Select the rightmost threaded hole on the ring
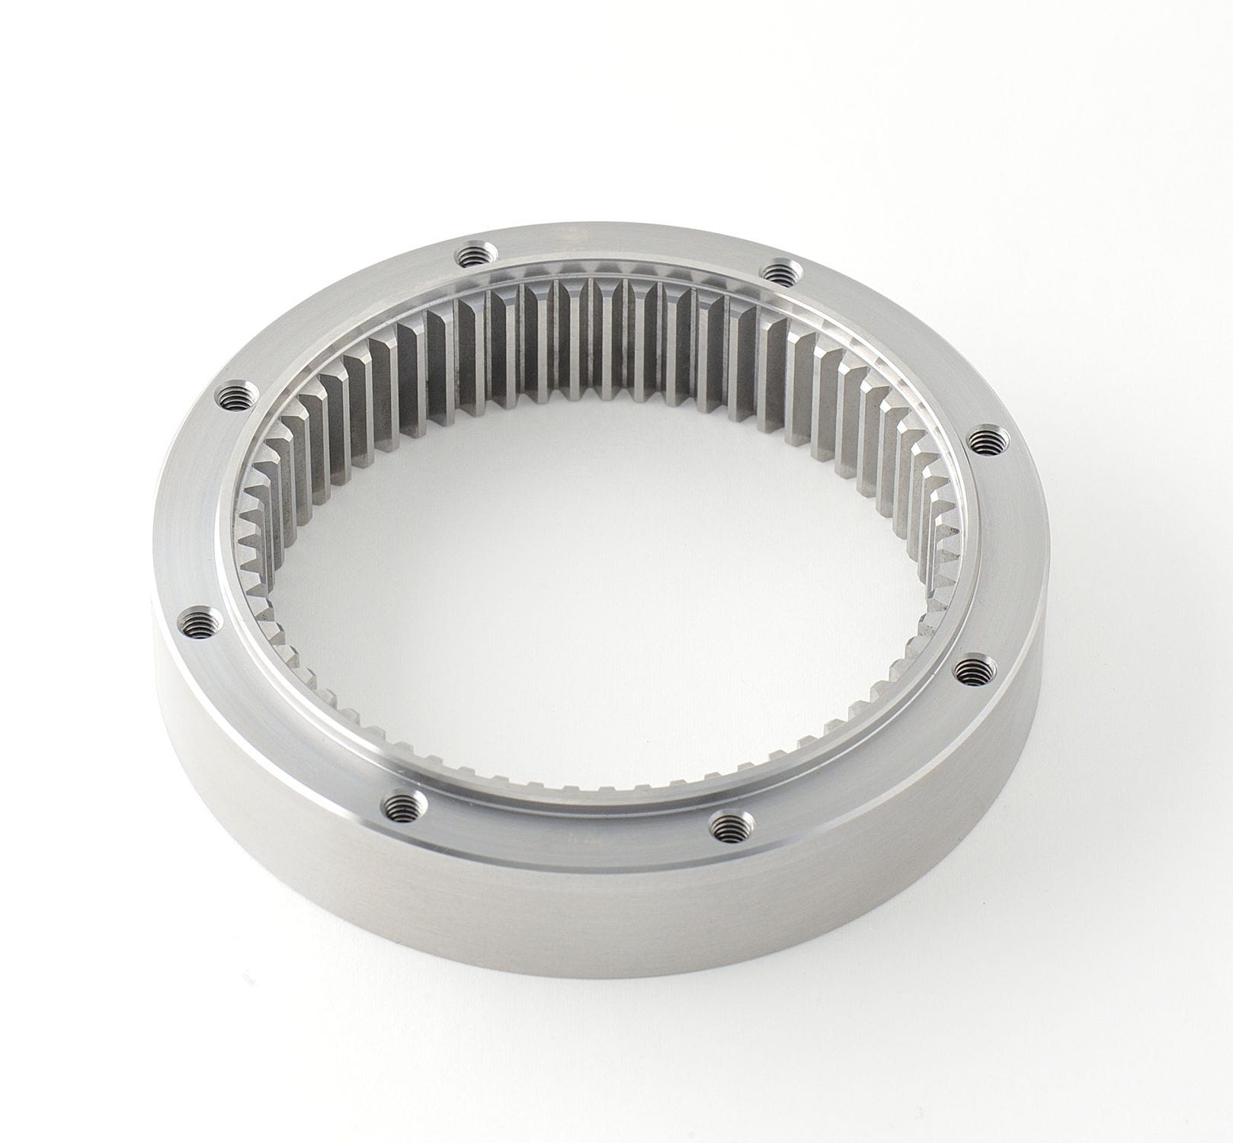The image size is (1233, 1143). pos(988,440)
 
